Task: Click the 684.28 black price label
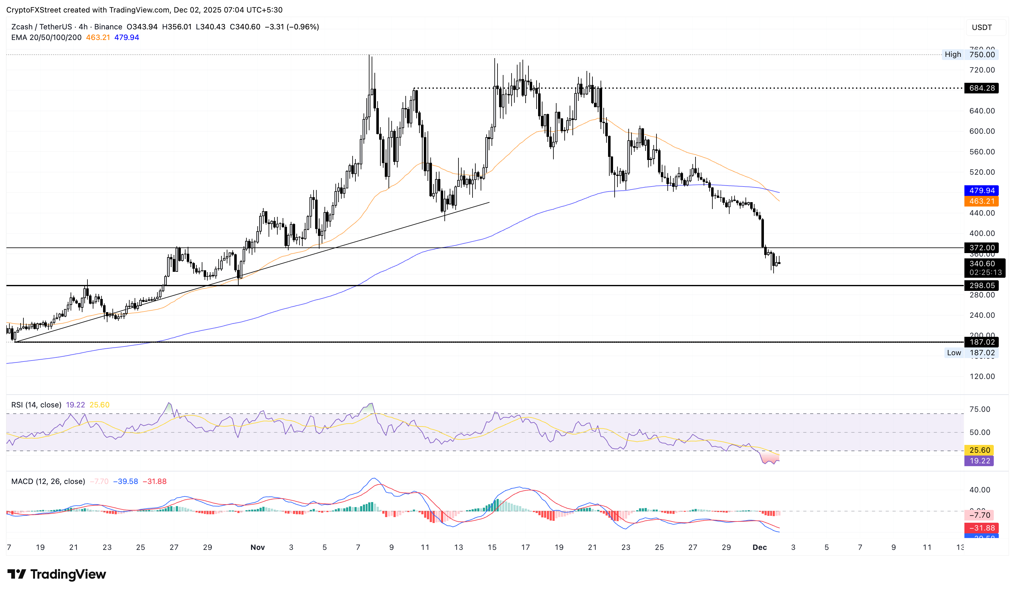(x=981, y=88)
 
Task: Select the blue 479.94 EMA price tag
(x=981, y=190)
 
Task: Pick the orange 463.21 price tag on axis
(x=981, y=201)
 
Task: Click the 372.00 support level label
(x=981, y=248)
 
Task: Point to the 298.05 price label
(x=981, y=286)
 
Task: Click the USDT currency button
(x=982, y=27)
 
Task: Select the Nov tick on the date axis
(x=257, y=547)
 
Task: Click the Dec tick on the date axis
(x=759, y=547)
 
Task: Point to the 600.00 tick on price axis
(x=982, y=131)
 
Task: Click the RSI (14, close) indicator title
(x=36, y=405)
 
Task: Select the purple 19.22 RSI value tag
(x=979, y=461)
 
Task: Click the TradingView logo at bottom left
(x=57, y=574)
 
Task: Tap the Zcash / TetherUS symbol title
(x=42, y=27)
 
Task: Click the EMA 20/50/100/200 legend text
(x=46, y=37)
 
